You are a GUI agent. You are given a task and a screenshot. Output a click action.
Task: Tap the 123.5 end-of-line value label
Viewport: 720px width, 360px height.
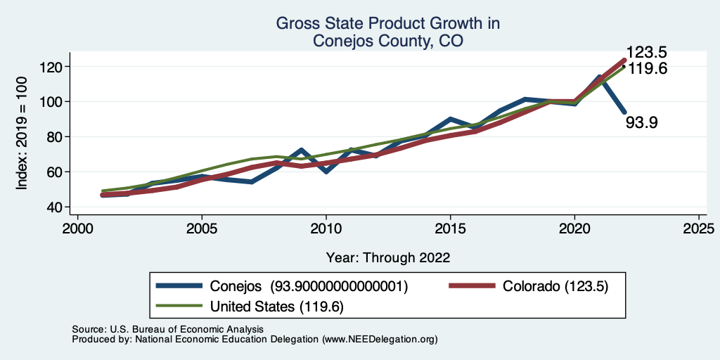click(x=648, y=52)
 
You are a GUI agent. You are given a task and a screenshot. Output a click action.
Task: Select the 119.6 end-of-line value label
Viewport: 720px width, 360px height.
click(x=648, y=69)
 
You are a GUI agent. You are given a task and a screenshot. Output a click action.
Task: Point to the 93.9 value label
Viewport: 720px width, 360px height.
click(x=641, y=123)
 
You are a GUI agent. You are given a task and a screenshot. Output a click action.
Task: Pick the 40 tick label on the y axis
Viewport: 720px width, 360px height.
click(x=58, y=207)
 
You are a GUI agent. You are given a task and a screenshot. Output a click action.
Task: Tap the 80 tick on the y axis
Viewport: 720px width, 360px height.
click(x=58, y=136)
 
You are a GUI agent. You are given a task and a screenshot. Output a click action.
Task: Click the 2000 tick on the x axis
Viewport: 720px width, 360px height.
click(x=77, y=229)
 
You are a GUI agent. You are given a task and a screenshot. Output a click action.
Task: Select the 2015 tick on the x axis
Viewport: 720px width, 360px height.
click(x=450, y=229)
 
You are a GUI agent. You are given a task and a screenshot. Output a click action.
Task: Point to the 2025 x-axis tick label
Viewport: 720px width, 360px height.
click(x=699, y=229)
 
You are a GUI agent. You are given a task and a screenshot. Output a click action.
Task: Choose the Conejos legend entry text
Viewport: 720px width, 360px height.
click(x=309, y=286)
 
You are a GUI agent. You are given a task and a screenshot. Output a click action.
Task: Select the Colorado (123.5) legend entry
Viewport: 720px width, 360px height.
click(x=555, y=286)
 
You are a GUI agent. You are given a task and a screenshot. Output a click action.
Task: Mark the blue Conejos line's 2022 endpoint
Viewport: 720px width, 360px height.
click(x=624, y=112)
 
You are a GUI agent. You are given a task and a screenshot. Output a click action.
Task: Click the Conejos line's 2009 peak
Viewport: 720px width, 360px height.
click(x=301, y=150)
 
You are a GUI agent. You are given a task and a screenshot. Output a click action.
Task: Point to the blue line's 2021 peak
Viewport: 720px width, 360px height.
click(x=599, y=77)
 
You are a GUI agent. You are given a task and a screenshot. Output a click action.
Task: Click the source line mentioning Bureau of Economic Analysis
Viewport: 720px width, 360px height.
click(x=168, y=329)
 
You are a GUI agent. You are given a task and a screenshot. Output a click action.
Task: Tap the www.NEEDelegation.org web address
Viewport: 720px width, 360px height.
click(x=380, y=339)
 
